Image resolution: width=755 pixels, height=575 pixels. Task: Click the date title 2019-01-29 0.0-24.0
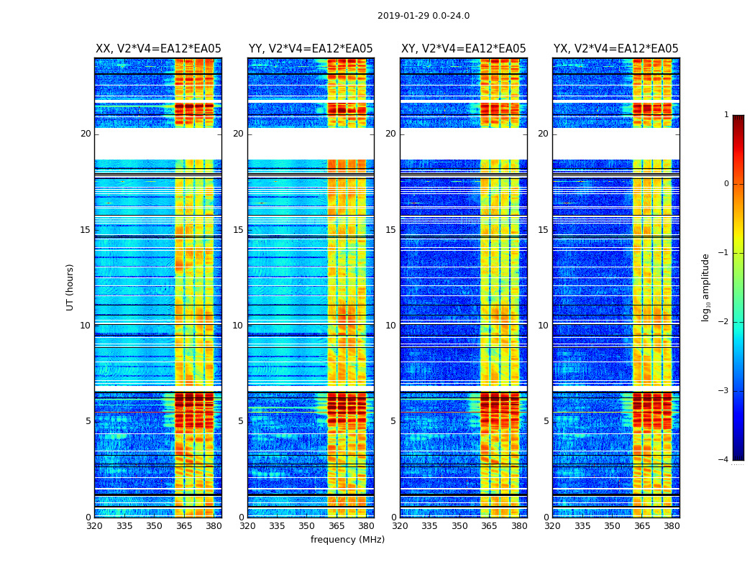coord(424,16)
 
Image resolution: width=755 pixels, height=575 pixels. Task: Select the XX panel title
coord(158,49)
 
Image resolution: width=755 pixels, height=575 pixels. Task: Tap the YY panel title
coord(311,49)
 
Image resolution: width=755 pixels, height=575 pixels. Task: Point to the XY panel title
coord(463,49)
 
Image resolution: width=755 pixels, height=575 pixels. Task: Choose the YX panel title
coord(616,49)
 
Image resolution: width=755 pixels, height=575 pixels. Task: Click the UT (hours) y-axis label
coord(70,287)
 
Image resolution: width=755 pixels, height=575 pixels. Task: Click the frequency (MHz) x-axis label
coord(347,540)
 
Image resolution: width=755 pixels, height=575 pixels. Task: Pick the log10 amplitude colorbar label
coord(706,287)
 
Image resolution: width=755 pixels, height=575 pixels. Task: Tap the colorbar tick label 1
coord(726,115)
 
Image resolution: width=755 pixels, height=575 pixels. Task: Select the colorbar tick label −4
coord(723,460)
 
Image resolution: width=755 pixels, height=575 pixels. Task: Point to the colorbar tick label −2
coord(723,322)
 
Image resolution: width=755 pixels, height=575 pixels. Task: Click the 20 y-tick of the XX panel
coord(86,134)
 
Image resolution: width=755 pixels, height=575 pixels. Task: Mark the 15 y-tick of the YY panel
coord(238,230)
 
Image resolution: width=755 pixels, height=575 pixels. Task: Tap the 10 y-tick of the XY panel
coord(390,326)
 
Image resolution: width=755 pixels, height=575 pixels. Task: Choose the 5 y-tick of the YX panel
coord(546,421)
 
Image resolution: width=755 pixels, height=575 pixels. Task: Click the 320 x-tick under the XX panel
coord(95,526)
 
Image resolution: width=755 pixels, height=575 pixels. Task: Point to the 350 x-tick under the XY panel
coord(459,526)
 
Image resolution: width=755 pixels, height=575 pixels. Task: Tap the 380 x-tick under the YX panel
coord(672,526)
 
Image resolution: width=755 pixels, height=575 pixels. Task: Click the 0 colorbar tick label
coord(726,184)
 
